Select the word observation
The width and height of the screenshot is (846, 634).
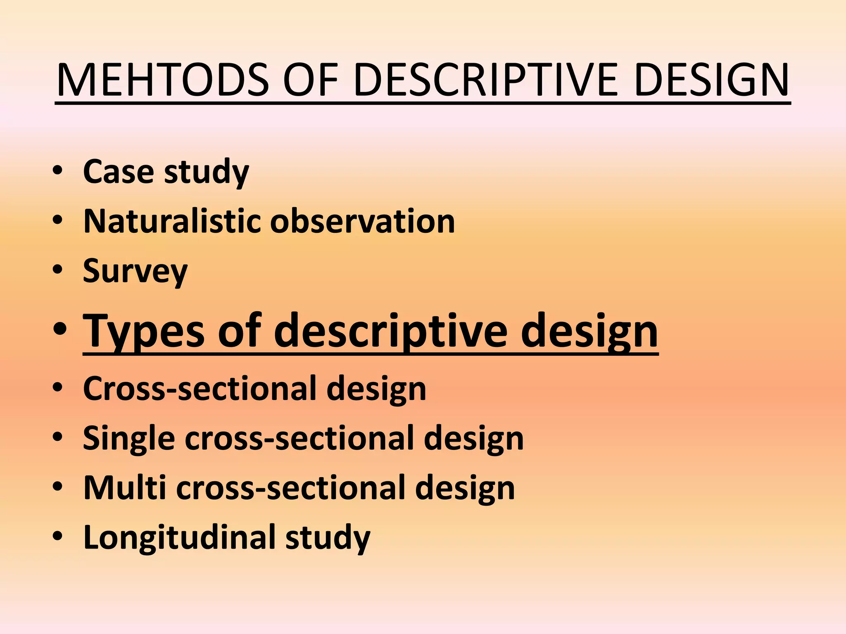(362, 221)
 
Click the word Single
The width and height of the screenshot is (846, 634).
(128, 438)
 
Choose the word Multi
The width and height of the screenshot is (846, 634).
(124, 488)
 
